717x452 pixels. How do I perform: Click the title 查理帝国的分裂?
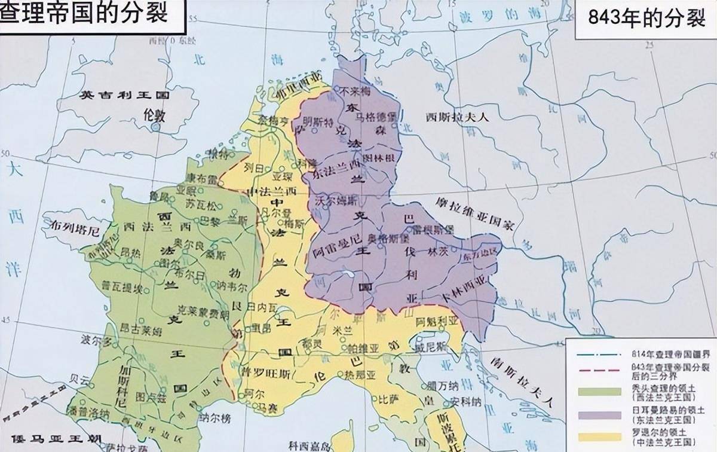[x=84, y=13]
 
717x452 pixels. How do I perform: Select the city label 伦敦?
[x=154, y=115]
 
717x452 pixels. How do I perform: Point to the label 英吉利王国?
[x=126, y=95]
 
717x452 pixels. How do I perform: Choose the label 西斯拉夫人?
[x=457, y=117]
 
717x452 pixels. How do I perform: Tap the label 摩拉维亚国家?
[x=474, y=213]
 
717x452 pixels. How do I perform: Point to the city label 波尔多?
[x=97, y=342]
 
